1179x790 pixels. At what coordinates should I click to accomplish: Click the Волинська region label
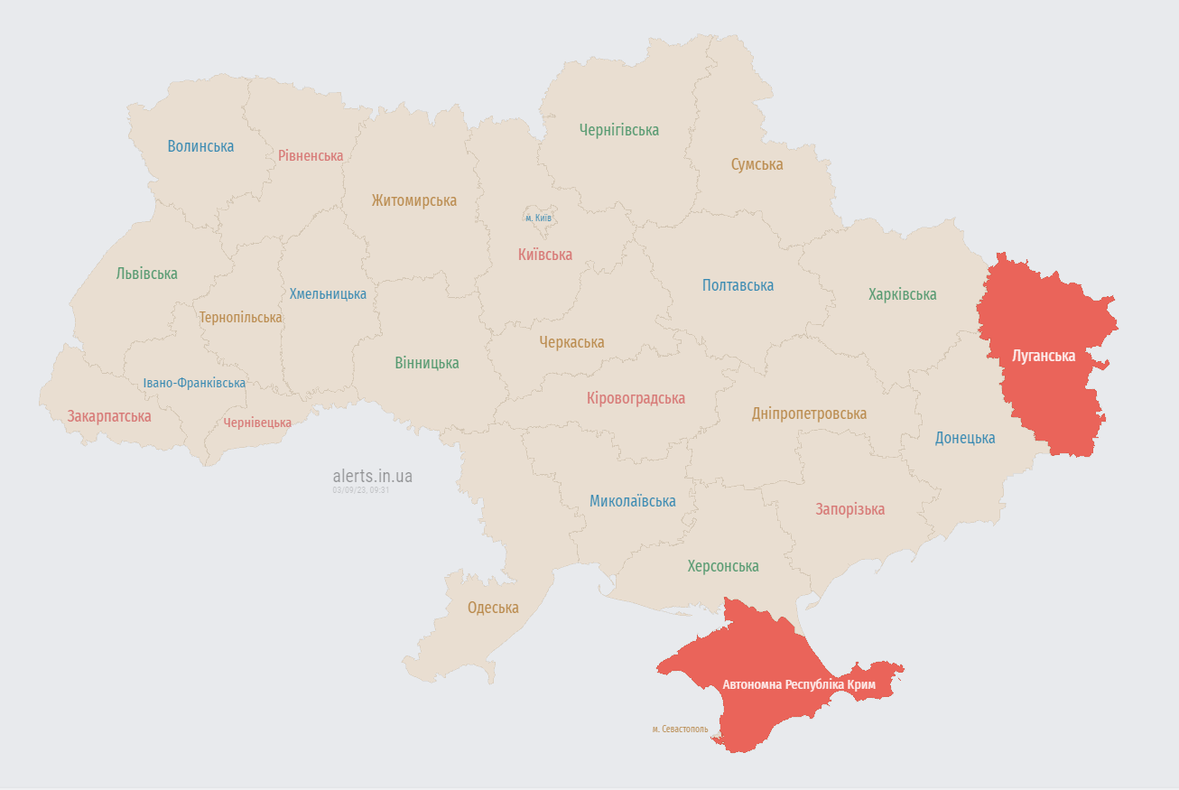tap(200, 146)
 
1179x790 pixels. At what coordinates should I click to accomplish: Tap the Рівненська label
tap(311, 155)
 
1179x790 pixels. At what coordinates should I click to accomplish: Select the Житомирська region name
tap(413, 200)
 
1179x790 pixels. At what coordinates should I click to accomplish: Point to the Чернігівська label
tap(618, 130)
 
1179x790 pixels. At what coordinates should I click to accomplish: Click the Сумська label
tap(757, 164)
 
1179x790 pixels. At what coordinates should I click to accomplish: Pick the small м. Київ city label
tap(538, 218)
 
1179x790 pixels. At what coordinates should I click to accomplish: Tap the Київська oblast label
tap(544, 255)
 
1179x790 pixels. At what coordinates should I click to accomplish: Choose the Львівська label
tap(146, 274)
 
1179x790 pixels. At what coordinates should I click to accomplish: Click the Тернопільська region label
tap(240, 318)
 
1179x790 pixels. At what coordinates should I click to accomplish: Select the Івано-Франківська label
tap(194, 383)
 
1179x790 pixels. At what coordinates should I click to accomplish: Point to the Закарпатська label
tap(109, 416)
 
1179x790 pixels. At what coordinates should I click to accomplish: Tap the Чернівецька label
tap(257, 423)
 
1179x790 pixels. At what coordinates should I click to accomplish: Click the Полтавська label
tap(738, 285)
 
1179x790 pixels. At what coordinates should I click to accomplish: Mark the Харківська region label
tap(902, 294)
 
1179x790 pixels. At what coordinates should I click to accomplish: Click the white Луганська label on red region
tap(1044, 356)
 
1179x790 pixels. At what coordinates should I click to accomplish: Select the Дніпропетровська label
tap(809, 414)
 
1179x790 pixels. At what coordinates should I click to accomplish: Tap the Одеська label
tap(493, 608)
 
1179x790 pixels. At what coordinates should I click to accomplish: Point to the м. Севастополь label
tap(680, 729)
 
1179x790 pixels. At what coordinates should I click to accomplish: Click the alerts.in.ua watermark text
tap(372, 476)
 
